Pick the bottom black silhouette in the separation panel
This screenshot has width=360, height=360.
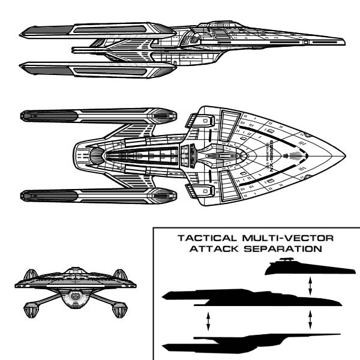(x=240, y=346)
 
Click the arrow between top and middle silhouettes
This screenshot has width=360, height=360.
(x=310, y=284)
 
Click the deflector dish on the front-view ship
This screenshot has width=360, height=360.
(x=75, y=296)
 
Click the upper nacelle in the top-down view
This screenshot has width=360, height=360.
(x=96, y=115)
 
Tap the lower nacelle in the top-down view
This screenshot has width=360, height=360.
(x=96, y=194)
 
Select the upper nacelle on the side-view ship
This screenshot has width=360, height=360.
(x=96, y=28)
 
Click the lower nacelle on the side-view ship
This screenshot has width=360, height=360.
(x=96, y=69)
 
